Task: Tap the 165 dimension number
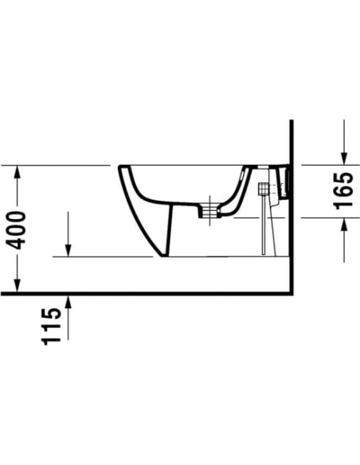(343, 191)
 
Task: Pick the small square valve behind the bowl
(263, 190)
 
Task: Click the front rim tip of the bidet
(120, 168)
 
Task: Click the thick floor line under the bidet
(159, 293)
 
